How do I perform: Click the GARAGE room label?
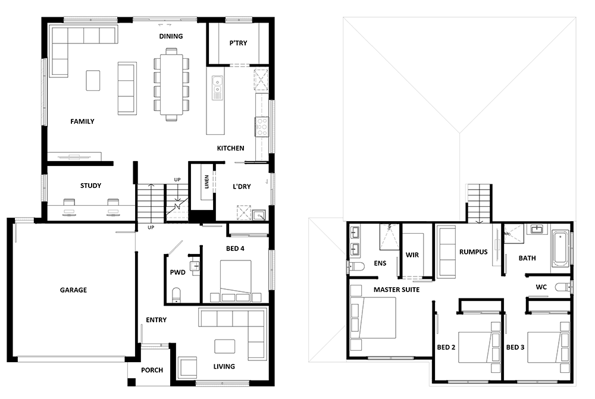(73, 290)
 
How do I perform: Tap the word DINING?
(171, 36)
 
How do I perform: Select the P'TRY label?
(239, 43)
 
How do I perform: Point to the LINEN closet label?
(207, 182)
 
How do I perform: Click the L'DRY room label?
(242, 187)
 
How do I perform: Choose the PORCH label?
(152, 370)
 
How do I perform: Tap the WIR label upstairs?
(412, 255)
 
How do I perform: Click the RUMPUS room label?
(473, 252)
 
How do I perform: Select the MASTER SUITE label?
(396, 290)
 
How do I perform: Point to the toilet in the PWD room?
(177, 295)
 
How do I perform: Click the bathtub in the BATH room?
(561, 249)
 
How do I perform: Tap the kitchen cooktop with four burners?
(261, 127)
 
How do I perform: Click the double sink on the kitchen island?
(217, 87)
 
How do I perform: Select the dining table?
(171, 84)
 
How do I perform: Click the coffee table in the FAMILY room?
(93, 80)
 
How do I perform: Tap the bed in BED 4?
(235, 281)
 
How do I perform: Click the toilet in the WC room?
(563, 287)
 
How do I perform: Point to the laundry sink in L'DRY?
(259, 215)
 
